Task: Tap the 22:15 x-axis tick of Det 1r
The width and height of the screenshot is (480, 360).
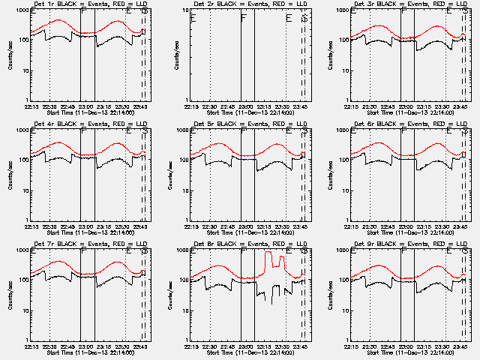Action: pyautogui.click(x=32, y=106)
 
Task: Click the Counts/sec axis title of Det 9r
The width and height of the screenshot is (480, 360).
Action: pyautogui.click(x=331, y=295)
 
